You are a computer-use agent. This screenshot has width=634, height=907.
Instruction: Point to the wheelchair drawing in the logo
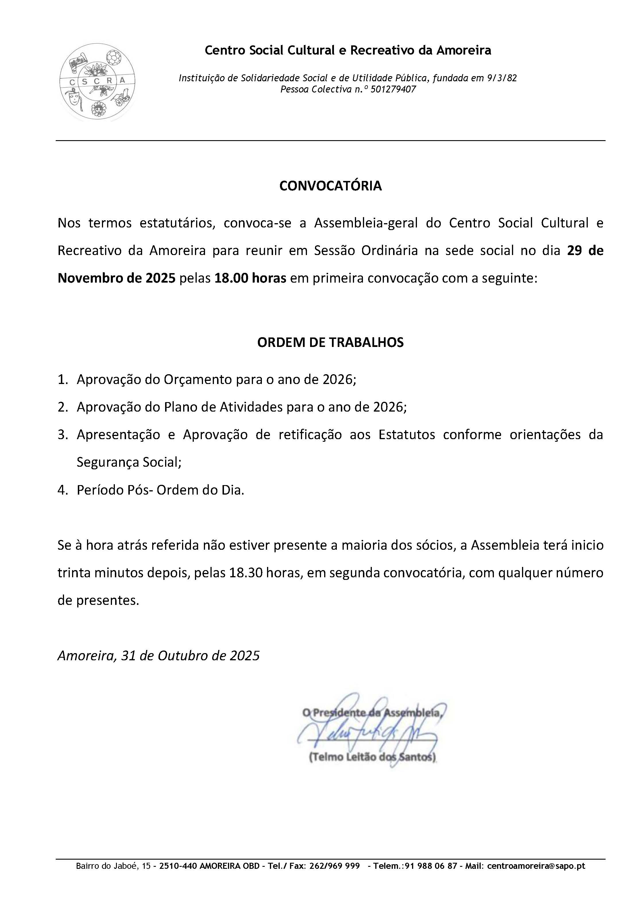click(121, 98)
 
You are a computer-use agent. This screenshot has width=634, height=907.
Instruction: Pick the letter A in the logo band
click(122, 80)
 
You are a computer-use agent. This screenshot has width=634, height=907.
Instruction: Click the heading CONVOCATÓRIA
click(330, 186)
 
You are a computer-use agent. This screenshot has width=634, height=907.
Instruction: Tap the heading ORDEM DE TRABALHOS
click(330, 342)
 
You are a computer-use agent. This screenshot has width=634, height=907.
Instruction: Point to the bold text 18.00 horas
click(250, 278)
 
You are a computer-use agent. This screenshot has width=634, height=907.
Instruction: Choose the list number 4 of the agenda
click(62, 490)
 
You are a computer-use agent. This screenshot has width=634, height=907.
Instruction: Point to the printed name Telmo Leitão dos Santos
click(372, 757)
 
